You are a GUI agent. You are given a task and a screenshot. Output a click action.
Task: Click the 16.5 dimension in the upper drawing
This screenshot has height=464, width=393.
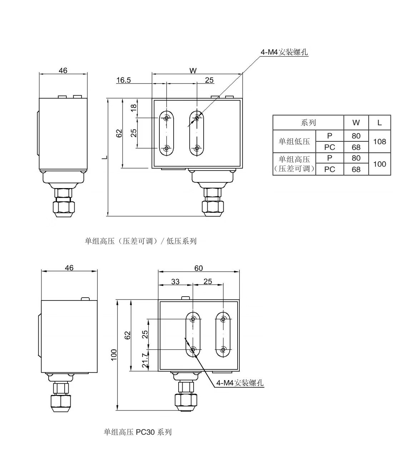(124, 80)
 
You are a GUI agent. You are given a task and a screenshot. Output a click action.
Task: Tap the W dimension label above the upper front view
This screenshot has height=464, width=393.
(193, 71)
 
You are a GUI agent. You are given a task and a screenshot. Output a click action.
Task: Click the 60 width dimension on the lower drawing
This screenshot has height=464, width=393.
(199, 268)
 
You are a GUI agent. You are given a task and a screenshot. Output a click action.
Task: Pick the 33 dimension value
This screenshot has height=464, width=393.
(175, 282)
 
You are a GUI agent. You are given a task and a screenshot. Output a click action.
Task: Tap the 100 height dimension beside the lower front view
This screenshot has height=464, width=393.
(114, 355)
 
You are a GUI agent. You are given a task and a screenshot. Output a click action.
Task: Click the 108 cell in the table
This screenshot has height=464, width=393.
(379, 142)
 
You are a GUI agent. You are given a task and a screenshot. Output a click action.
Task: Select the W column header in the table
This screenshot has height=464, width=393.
(356, 123)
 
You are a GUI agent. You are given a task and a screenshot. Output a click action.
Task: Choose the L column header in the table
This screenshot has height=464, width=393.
(379, 123)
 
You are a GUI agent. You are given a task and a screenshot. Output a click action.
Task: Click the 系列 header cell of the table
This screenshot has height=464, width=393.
(308, 123)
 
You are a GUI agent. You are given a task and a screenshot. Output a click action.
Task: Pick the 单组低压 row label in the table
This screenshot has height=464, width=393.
(294, 142)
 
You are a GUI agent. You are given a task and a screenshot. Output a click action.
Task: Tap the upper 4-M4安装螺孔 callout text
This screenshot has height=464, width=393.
(284, 52)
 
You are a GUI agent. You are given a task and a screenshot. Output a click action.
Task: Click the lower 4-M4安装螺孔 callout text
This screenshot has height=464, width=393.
(240, 383)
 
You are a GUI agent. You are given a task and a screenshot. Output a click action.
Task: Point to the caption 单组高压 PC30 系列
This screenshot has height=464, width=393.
(138, 432)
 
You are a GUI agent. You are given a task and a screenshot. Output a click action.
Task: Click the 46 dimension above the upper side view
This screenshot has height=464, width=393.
(63, 71)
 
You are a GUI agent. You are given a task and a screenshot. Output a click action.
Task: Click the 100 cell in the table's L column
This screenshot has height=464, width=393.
(379, 164)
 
